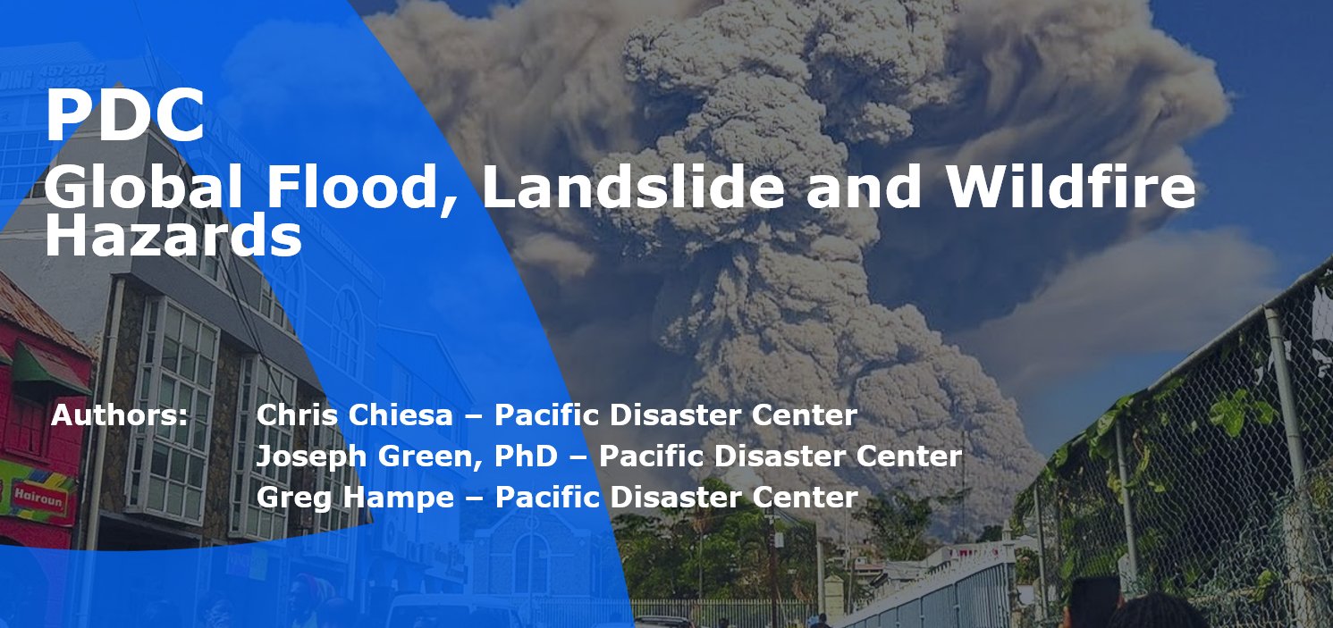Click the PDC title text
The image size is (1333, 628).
click(124, 116)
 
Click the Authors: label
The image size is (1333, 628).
click(119, 415)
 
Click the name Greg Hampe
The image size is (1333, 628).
click(355, 498)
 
